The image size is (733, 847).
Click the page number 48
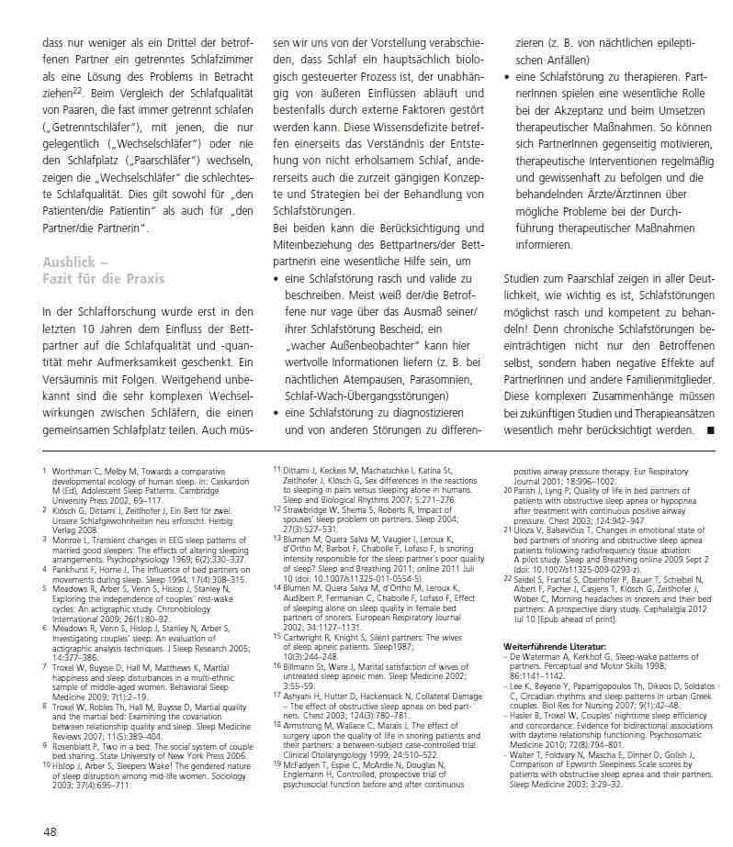point(50,831)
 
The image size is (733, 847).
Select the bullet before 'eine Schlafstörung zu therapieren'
point(508,79)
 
